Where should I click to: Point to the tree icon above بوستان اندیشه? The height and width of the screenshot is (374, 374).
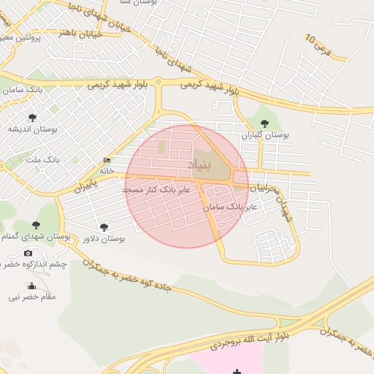[31, 117]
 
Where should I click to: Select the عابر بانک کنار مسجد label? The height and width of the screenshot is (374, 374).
[156, 189]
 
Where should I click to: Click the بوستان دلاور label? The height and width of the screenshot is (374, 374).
[103, 239]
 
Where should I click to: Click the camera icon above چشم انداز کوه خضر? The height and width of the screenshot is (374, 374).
[28, 253]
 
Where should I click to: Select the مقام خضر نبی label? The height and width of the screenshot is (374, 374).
[31, 297]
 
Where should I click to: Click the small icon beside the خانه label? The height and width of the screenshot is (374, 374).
[107, 161]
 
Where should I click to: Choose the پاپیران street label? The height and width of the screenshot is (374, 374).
[85, 186]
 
